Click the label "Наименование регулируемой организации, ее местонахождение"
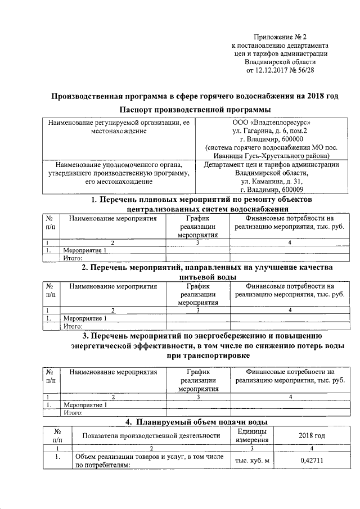[x=119, y=126]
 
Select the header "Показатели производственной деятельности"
[x=150, y=435]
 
